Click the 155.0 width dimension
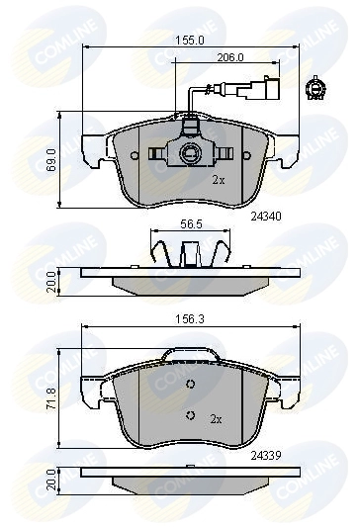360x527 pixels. coord(190,41)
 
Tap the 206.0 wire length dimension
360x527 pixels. coord(230,57)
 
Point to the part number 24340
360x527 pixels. coord(266,217)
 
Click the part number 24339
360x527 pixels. coord(266,456)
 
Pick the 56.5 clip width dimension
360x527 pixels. coord(191,224)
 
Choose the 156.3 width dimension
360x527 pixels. coord(190,319)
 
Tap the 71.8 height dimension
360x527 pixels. coord(51,398)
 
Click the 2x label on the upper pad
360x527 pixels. coord(219,181)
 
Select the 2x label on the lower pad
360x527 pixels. coord(216,419)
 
